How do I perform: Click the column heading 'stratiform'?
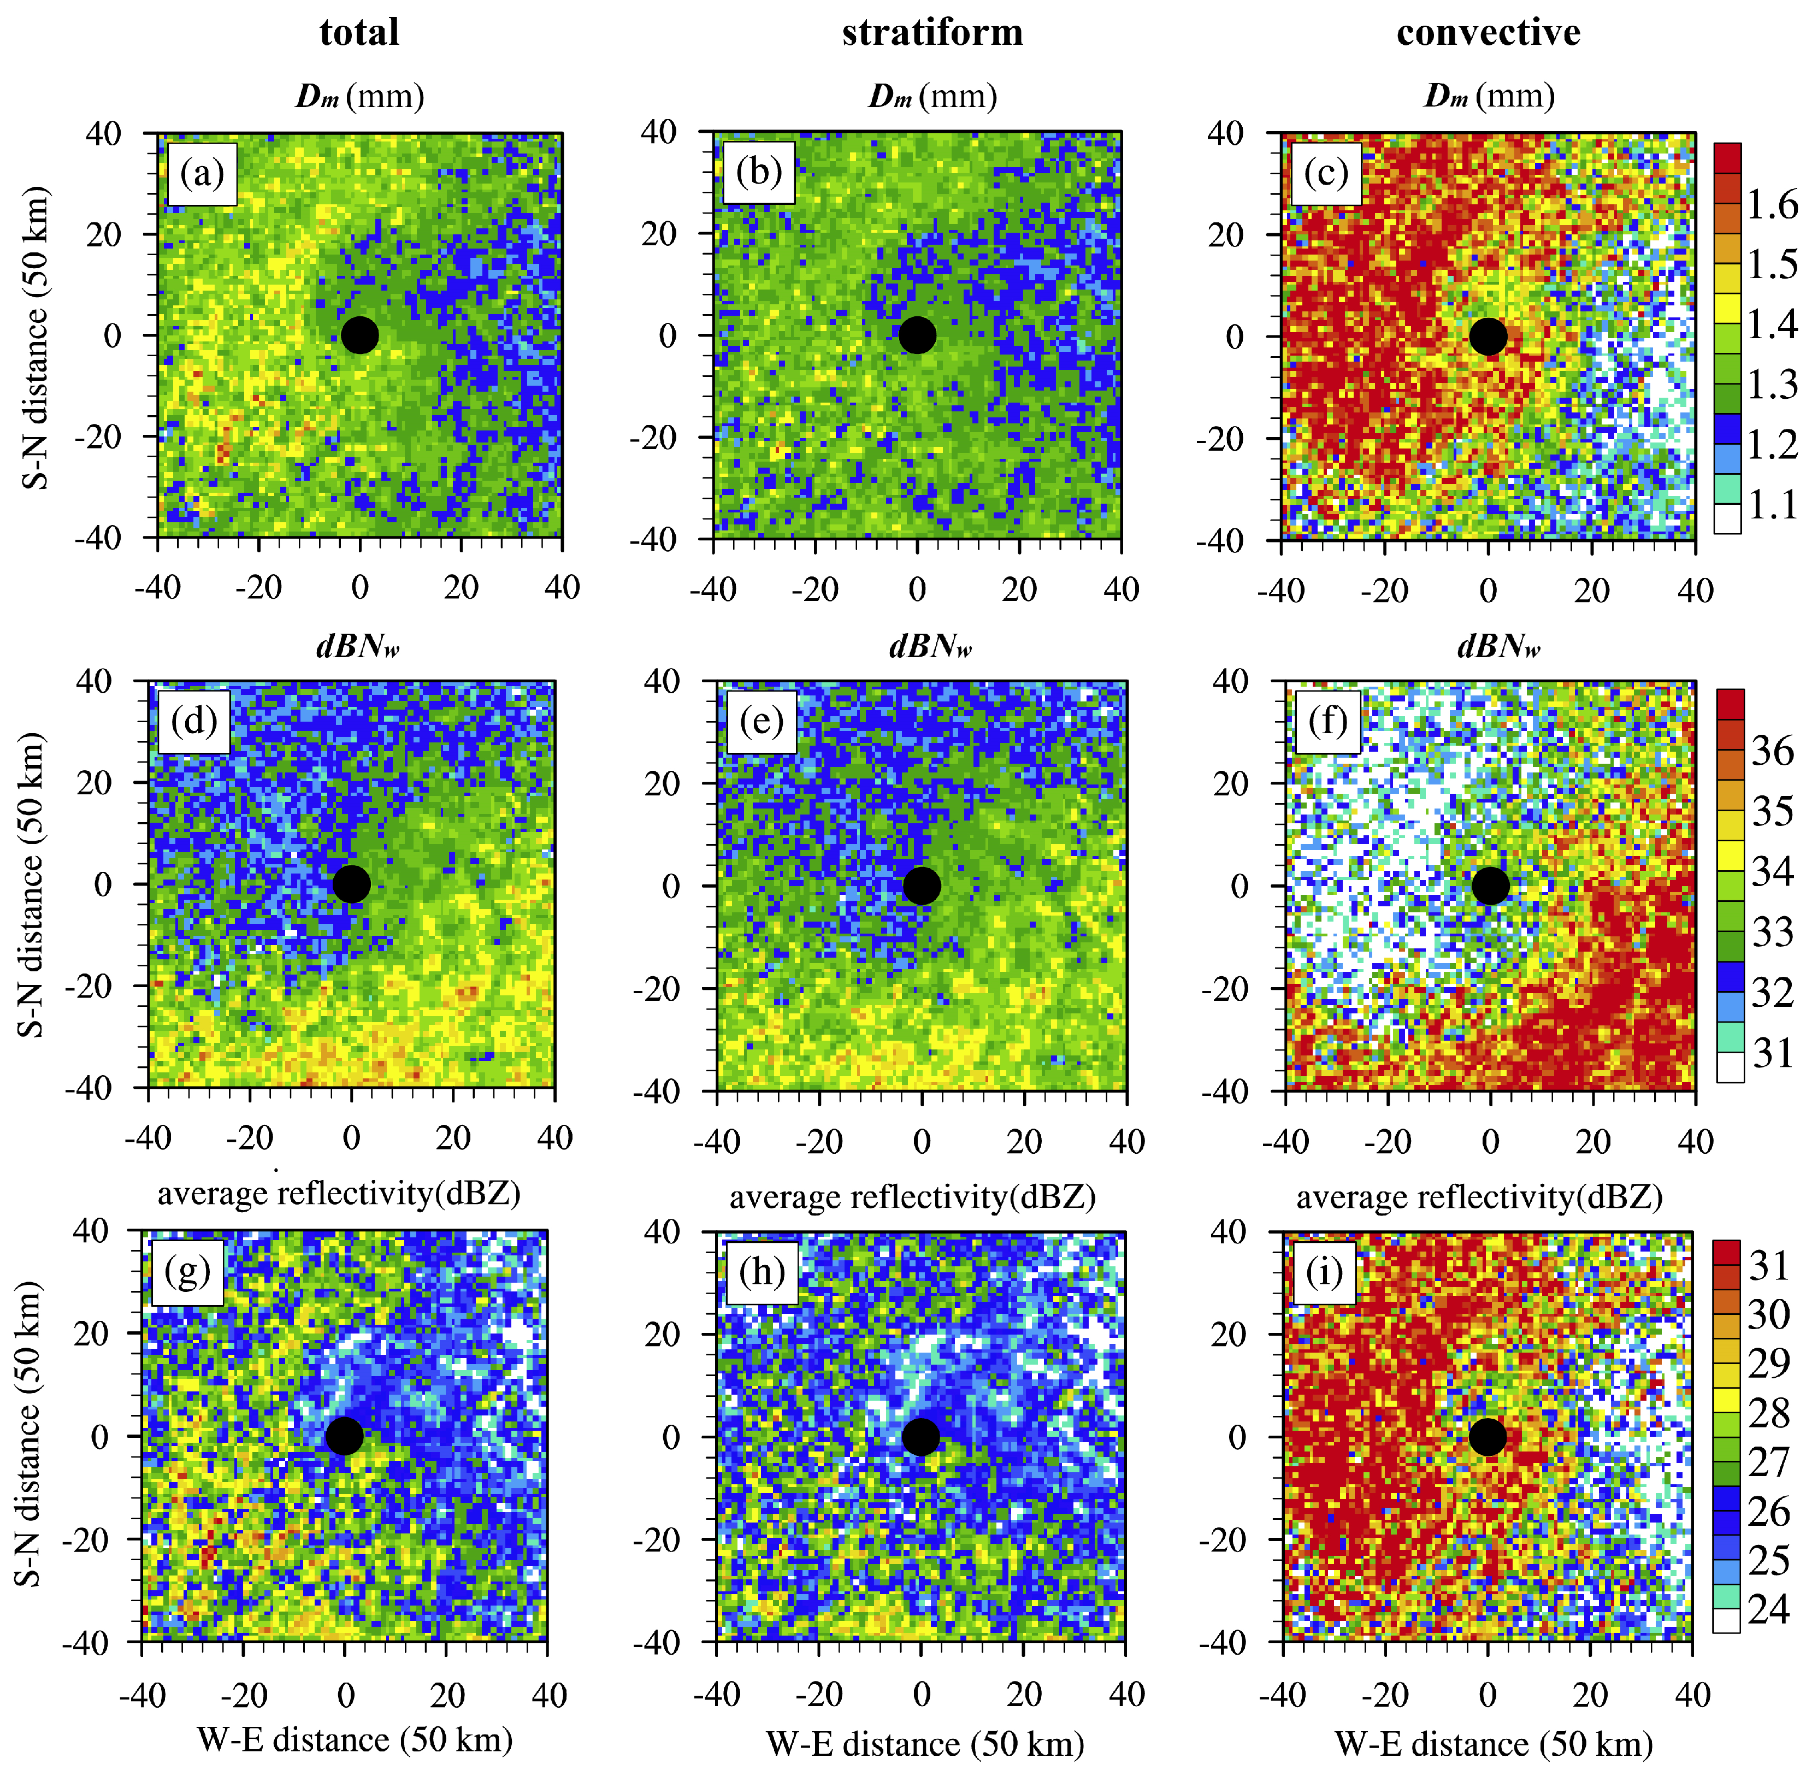931,33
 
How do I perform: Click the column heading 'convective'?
1489,33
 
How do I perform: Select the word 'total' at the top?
359,33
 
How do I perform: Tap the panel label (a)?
202,173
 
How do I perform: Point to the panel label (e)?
761,721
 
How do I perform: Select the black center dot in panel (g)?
344,1436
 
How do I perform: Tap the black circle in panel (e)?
920,885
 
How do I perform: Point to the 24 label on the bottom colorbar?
1768,1609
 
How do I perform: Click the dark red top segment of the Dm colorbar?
1727,158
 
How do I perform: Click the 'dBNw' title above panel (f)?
1498,646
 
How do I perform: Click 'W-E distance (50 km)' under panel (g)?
355,1739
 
